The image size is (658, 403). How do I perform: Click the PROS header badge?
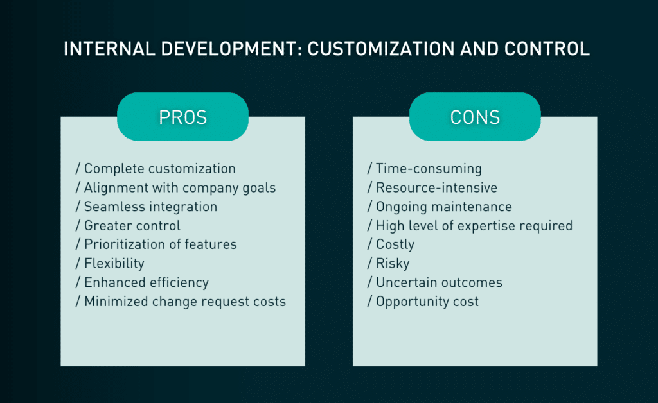[182, 116]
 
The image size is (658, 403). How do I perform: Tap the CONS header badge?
[475, 116]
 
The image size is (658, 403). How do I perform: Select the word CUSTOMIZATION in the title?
[381, 49]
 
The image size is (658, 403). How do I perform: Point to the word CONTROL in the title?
[547, 49]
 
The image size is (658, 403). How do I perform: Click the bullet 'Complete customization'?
[156, 168]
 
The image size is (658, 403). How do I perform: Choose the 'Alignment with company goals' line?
[176, 187]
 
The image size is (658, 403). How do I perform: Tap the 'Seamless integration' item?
[147, 207]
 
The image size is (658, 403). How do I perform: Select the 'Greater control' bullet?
[128, 225]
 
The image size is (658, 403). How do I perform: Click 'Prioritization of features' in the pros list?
[156, 244]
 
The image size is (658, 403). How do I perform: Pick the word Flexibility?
[114, 263]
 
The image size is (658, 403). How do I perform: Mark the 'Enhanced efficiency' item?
[142, 282]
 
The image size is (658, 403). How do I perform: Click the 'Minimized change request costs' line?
[181, 301]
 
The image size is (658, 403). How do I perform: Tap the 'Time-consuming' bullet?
[425, 168]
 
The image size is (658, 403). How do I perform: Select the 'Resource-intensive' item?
[432, 187]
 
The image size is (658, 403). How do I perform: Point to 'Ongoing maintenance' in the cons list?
[440, 207]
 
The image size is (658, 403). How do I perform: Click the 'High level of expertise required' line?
[470, 225]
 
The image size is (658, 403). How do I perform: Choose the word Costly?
[395, 244]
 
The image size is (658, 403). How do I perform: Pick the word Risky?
[393, 263]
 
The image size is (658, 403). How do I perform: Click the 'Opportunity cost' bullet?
[423, 301]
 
